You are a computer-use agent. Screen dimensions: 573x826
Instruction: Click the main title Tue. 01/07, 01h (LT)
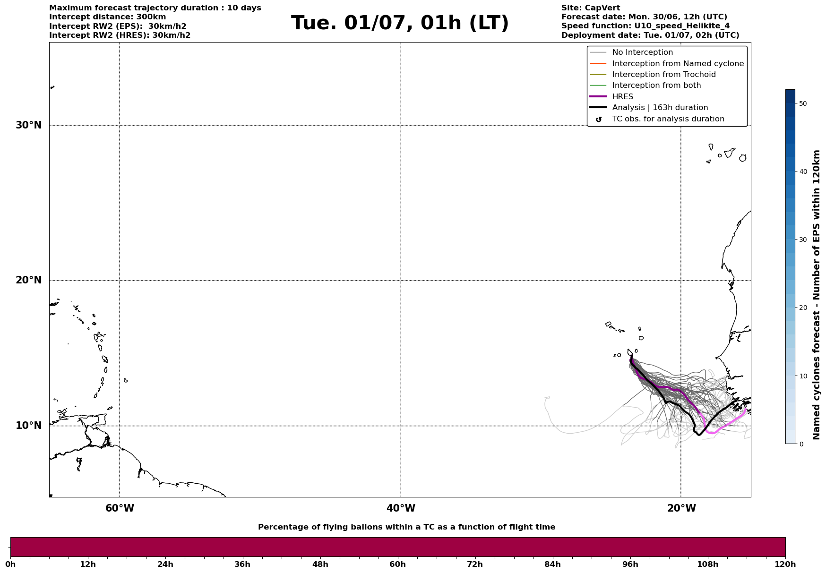pyautogui.click(x=400, y=23)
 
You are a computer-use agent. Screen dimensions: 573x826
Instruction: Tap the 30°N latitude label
pyautogui.click(x=29, y=125)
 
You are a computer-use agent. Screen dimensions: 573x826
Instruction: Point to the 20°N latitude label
pyautogui.click(x=29, y=280)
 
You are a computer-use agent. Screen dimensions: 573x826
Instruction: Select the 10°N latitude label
pyautogui.click(x=29, y=426)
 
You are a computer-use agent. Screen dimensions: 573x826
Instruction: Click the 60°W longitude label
pyautogui.click(x=120, y=508)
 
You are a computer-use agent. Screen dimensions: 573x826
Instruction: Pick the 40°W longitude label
pyautogui.click(x=401, y=508)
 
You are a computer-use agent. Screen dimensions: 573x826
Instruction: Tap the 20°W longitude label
pyautogui.click(x=681, y=508)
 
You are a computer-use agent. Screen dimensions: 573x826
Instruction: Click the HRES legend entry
pyautogui.click(x=622, y=97)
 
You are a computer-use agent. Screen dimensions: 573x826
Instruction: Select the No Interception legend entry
pyautogui.click(x=642, y=52)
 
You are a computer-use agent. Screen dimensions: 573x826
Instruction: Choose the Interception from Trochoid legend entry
pyautogui.click(x=663, y=75)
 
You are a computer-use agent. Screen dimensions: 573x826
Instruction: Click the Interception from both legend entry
pyautogui.click(x=656, y=86)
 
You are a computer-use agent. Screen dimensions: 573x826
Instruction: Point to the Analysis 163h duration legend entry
pyautogui.click(x=660, y=108)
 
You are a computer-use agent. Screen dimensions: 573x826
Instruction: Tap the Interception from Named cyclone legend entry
pyautogui.click(x=678, y=64)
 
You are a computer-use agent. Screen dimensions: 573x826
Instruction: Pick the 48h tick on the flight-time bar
pyautogui.click(x=320, y=564)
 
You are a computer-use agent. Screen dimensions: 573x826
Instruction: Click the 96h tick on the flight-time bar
pyautogui.click(x=630, y=564)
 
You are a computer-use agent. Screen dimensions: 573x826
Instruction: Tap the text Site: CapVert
pyautogui.click(x=590, y=8)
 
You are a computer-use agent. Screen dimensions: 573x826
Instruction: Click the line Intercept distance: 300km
pyautogui.click(x=107, y=17)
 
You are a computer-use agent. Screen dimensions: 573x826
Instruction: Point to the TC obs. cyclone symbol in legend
pyautogui.click(x=599, y=120)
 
